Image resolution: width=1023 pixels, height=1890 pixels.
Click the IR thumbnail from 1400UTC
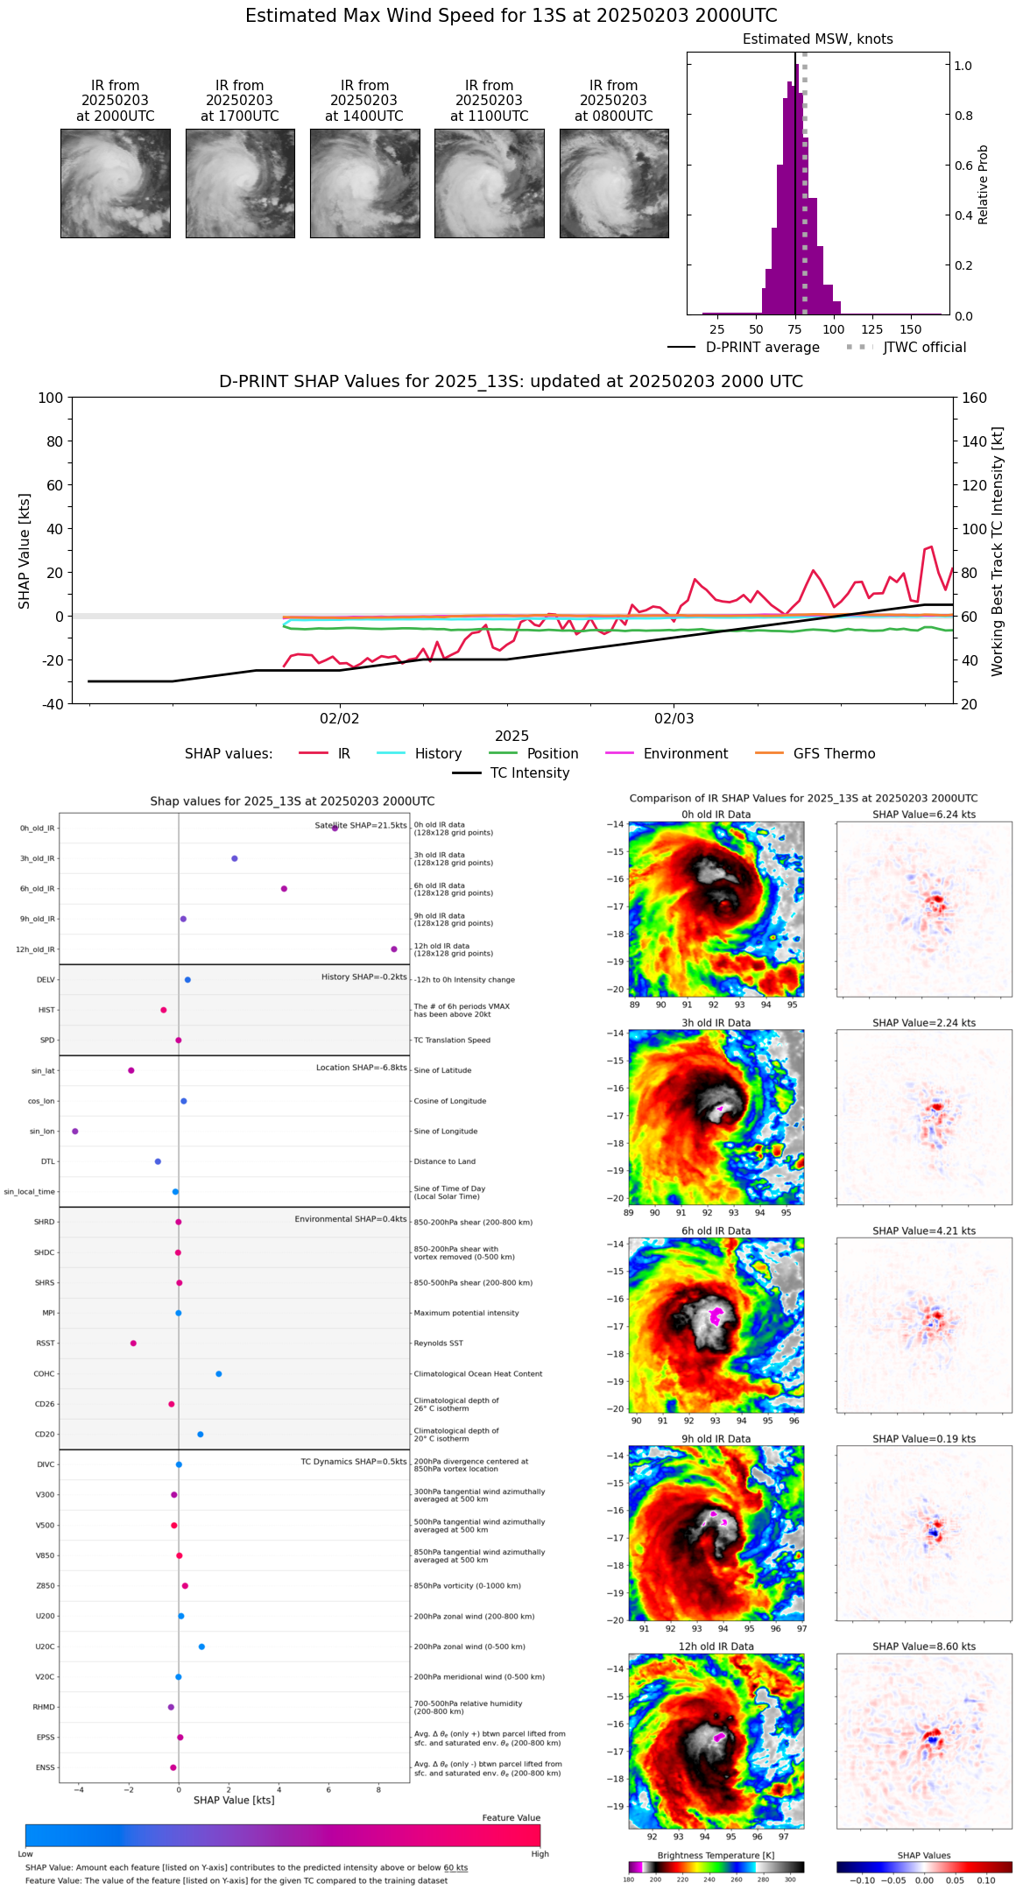[364, 183]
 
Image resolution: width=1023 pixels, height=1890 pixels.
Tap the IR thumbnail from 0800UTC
[614, 183]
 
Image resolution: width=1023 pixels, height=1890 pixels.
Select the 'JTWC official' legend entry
[924, 348]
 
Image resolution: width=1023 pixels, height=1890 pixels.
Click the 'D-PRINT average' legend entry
[762, 348]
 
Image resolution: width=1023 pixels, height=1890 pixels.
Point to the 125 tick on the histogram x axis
[871, 330]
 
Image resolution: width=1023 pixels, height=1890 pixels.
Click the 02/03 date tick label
[674, 719]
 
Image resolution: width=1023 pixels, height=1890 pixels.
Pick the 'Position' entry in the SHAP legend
[552, 754]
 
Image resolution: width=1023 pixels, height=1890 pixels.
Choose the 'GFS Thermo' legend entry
[834, 754]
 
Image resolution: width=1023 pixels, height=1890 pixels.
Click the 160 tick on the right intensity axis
[974, 398]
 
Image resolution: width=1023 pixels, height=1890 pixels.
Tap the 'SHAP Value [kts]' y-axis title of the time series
[25, 551]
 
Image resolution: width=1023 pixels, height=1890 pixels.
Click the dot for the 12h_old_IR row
[394, 949]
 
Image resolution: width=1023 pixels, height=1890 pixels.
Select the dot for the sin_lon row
[75, 1132]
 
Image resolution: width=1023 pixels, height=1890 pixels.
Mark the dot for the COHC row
[219, 1374]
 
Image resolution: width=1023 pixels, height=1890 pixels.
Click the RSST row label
[45, 1343]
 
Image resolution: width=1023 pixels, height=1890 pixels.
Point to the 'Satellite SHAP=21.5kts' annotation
[361, 826]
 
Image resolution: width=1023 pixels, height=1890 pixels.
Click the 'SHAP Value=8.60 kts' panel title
[923, 1647]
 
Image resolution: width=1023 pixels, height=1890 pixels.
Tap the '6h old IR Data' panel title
[716, 1231]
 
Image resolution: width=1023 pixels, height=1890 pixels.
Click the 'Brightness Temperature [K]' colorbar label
[716, 1855]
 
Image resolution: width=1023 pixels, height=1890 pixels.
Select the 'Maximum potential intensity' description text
[466, 1313]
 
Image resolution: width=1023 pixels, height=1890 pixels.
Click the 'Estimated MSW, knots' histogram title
[817, 39]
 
